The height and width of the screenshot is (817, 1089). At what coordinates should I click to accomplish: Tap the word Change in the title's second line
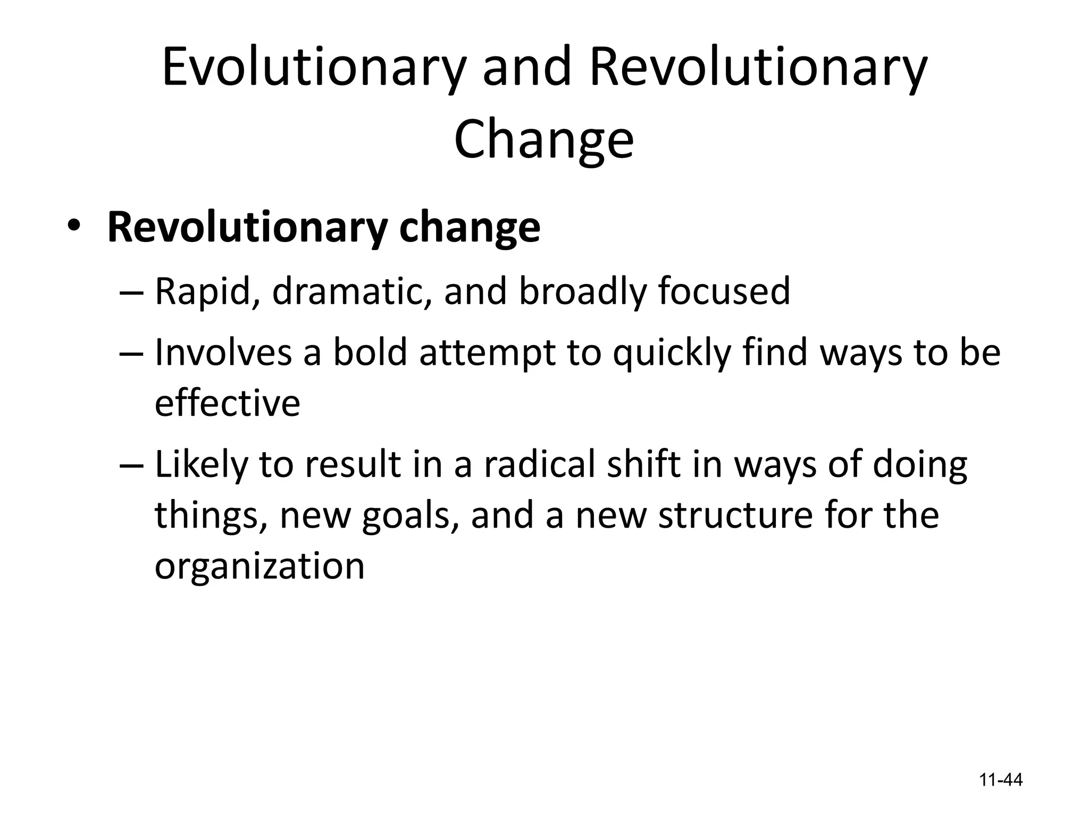point(543,139)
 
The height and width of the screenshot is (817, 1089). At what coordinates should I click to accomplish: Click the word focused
point(724,291)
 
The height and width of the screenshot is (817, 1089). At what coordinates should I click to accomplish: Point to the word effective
point(227,403)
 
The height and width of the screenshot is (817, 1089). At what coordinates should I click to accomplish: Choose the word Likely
point(201,464)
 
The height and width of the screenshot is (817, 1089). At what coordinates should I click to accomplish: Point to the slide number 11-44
point(1001,780)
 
